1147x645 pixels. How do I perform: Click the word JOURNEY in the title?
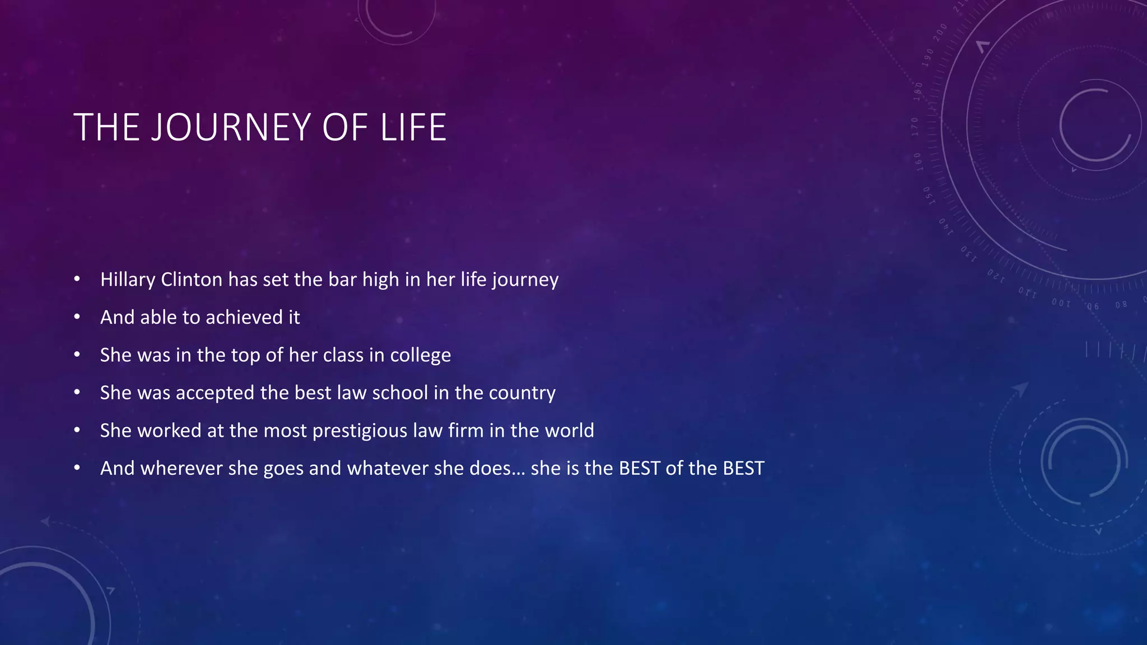coord(231,128)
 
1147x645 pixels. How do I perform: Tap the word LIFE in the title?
coord(413,128)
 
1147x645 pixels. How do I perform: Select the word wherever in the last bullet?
coord(181,468)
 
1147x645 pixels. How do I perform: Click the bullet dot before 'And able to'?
coord(77,317)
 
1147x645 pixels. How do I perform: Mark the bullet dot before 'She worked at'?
coord(77,430)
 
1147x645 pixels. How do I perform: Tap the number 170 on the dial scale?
coord(915,127)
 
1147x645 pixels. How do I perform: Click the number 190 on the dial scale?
coord(929,58)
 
